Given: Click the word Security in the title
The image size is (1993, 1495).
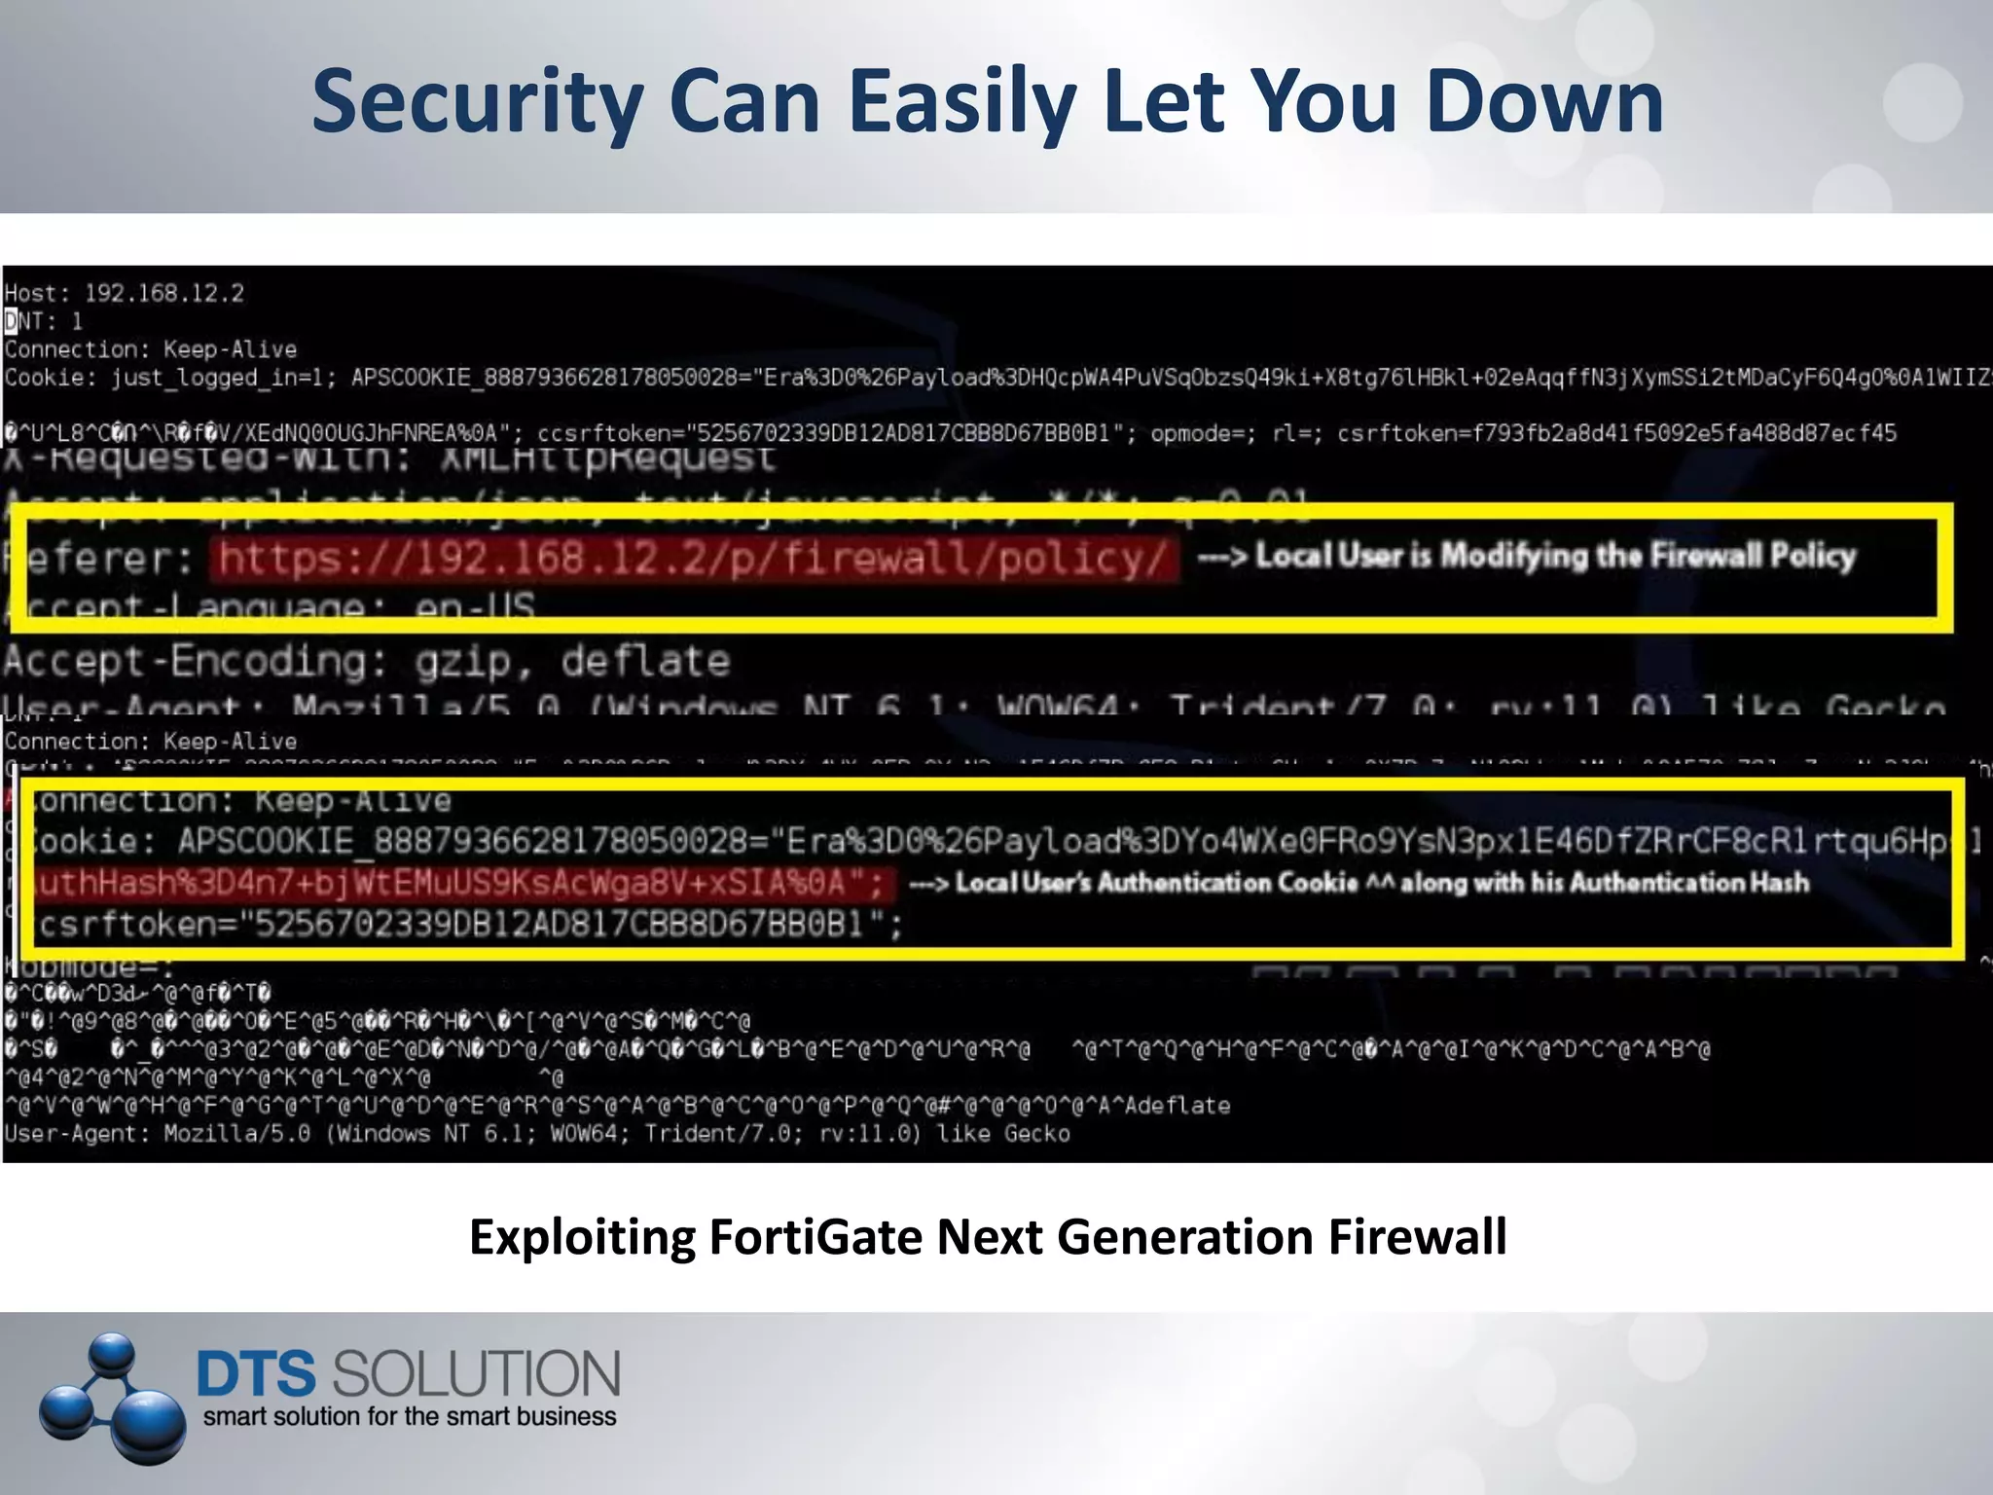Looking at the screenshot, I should pos(477,102).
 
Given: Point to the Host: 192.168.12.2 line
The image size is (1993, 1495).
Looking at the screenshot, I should pos(125,293).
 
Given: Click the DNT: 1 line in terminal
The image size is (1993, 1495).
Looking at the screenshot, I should pos(45,320).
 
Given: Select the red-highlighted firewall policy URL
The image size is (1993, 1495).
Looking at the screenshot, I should pos(693,559).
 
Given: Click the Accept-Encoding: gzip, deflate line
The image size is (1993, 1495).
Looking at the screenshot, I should pos(366,662).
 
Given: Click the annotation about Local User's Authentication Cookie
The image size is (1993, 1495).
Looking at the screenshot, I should pos(1359,883).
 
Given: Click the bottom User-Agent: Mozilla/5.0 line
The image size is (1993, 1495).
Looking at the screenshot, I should pos(537,1134).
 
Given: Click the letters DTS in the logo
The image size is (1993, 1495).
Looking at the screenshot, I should pos(256,1373).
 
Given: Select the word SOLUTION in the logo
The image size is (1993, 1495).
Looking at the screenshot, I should pos(476,1373).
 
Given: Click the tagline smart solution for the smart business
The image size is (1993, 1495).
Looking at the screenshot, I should pos(410,1416).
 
